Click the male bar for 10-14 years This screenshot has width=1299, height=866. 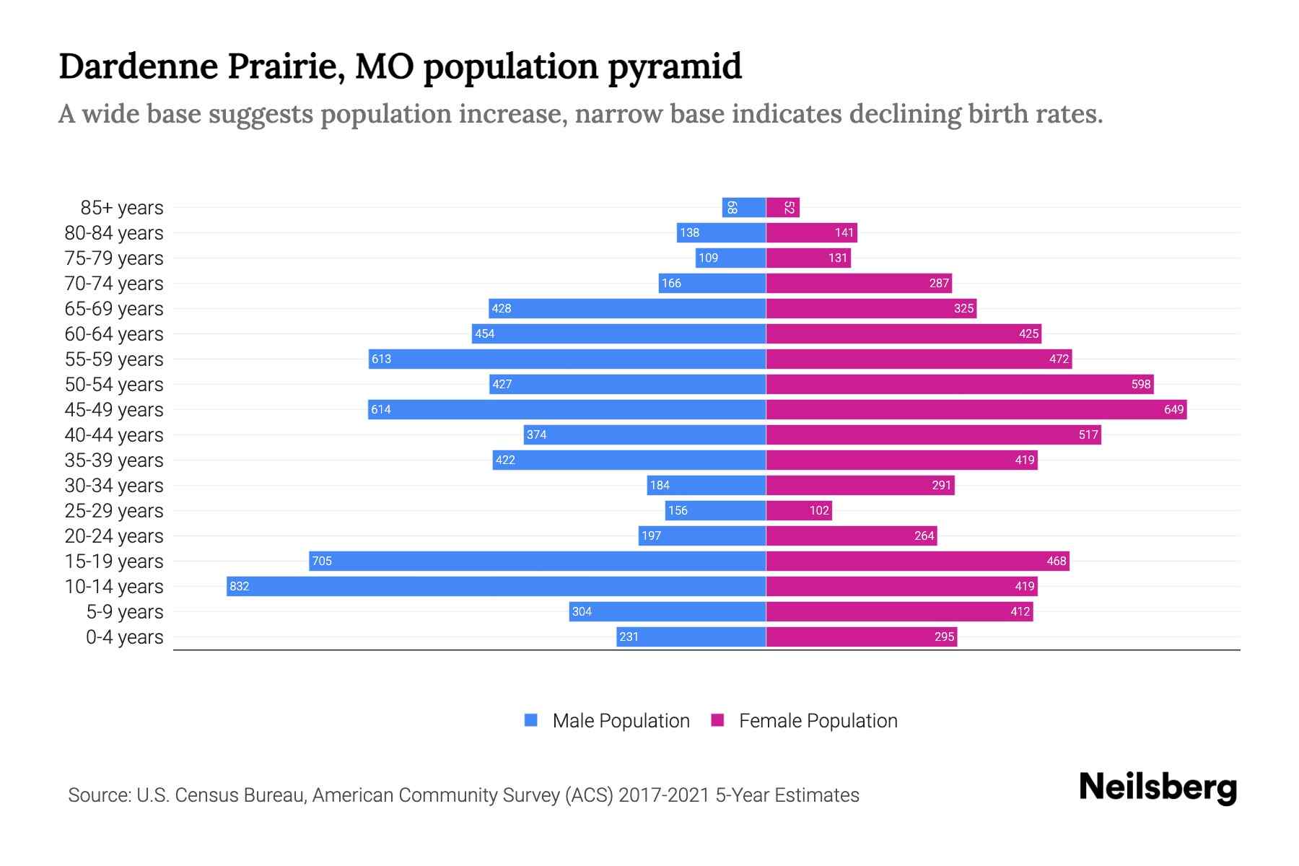pyautogui.click(x=496, y=586)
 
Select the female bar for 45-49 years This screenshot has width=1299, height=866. pyautogui.click(x=976, y=409)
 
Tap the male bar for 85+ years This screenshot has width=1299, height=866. pyautogui.click(x=744, y=207)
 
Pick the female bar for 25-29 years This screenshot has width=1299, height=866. pyautogui.click(x=798, y=510)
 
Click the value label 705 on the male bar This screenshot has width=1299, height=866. pyautogui.click(x=322, y=561)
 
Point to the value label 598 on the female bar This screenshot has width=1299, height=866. pyautogui.click(x=1140, y=384)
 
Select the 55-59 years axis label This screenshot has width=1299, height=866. pyautogui.click(x=114, y=359)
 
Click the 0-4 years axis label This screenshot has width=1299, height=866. pyautogui.click(x=124, y=637)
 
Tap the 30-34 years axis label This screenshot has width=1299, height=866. pyautogui.click(x=114, y=485)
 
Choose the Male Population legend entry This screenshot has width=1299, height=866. pyautogui.click(x=621, y=720)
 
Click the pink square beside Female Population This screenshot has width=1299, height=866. pyautogui.click(x=717, y=720)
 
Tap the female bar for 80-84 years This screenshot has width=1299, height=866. pyautogui.click(x=811, y=232)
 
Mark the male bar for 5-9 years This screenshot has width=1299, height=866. pyautogui.click(x=667, y=611)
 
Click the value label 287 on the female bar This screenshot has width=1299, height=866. pyautogui.click(x=938, y=283)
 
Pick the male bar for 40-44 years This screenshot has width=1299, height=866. pyautogui.click(x=644, y=434)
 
